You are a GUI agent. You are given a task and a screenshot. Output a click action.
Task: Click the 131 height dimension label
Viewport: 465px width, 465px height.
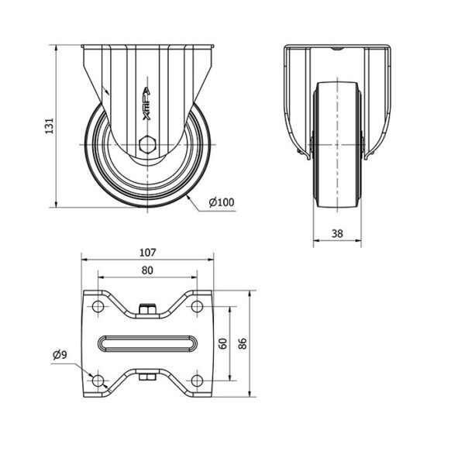50,126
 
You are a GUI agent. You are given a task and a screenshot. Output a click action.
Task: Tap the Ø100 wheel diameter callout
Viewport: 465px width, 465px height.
221,202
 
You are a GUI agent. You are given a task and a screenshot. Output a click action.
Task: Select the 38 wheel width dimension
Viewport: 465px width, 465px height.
337,234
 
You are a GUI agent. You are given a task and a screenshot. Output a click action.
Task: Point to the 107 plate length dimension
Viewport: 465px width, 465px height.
147,253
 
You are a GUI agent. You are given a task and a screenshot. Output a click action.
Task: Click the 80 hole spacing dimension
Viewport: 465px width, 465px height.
147,270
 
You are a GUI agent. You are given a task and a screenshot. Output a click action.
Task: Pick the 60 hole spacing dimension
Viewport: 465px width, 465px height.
223,343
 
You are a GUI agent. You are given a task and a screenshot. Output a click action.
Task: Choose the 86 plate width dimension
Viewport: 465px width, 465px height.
243,343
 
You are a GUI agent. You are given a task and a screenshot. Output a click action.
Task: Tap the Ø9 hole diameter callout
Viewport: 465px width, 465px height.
60,354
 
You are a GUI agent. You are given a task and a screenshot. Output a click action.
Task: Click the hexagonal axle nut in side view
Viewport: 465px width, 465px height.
146,145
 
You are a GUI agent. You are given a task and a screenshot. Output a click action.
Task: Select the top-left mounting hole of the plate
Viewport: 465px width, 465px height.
98,306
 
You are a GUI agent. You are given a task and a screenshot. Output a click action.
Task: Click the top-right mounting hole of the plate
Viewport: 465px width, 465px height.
197,306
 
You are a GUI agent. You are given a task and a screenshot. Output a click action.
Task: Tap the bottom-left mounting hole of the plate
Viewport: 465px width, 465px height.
98,381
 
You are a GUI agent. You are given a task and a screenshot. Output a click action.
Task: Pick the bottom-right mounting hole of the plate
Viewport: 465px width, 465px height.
197,381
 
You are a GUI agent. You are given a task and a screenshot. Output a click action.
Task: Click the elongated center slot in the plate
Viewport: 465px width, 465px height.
147,343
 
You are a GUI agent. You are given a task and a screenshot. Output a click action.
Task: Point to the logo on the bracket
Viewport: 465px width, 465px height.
146,104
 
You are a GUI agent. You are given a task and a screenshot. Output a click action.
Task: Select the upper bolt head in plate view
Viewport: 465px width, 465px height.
147,309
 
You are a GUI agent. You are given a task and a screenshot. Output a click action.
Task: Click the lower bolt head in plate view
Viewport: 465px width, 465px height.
147,377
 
